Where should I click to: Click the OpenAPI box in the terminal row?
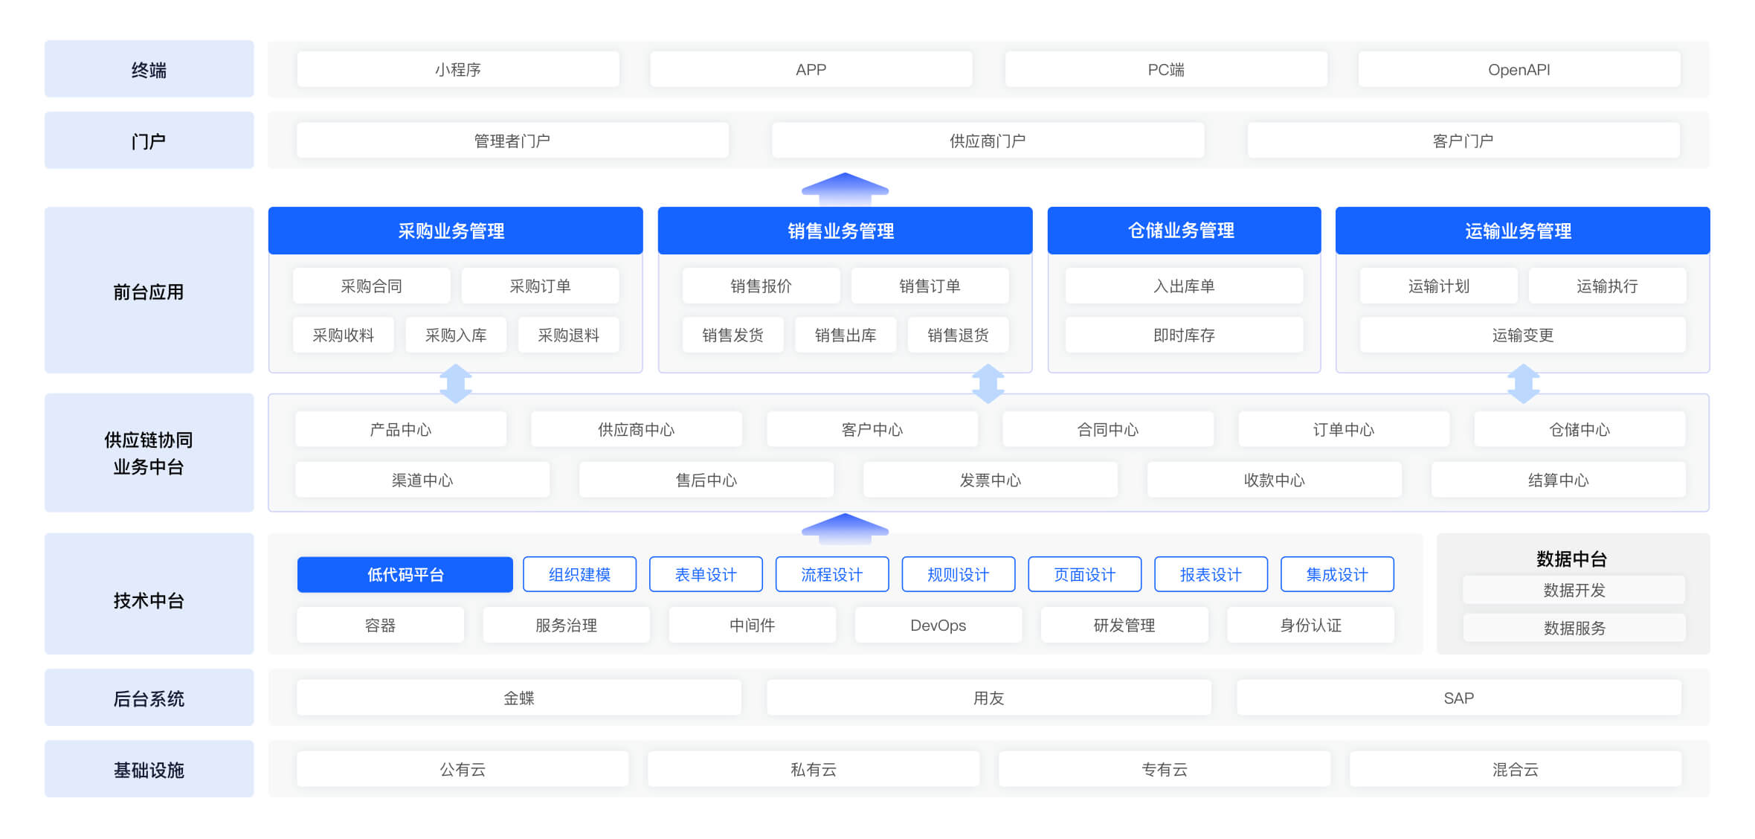[x=1519, y=69]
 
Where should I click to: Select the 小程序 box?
[x=458, y=69]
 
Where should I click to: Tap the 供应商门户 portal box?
[x=988, y=141]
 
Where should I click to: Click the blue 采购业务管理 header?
[x=455, y=231]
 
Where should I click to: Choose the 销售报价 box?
[x=761, y=286]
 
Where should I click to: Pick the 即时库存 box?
[x=1184, y=335]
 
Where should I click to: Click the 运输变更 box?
[x=1522, y=335]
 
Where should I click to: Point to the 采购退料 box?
[x=568, y=335]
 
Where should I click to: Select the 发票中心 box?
[x=990, y=480]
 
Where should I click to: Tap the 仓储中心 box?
[x=1579, y=429]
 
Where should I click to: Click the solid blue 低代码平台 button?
[x=405, y=574]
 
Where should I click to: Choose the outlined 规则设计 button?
[x=958, y=574]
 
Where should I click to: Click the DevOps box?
[x=938, y=625]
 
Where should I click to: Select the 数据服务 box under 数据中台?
[x=1574, y=628]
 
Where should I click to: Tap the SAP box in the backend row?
[x=1458, y=698]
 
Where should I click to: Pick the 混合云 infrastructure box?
[x=1515, y=769]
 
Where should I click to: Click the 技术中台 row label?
[x=149, y=600]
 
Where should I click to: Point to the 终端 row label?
[x=149, y=69]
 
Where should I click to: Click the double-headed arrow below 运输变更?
[x=1523, y=384]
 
